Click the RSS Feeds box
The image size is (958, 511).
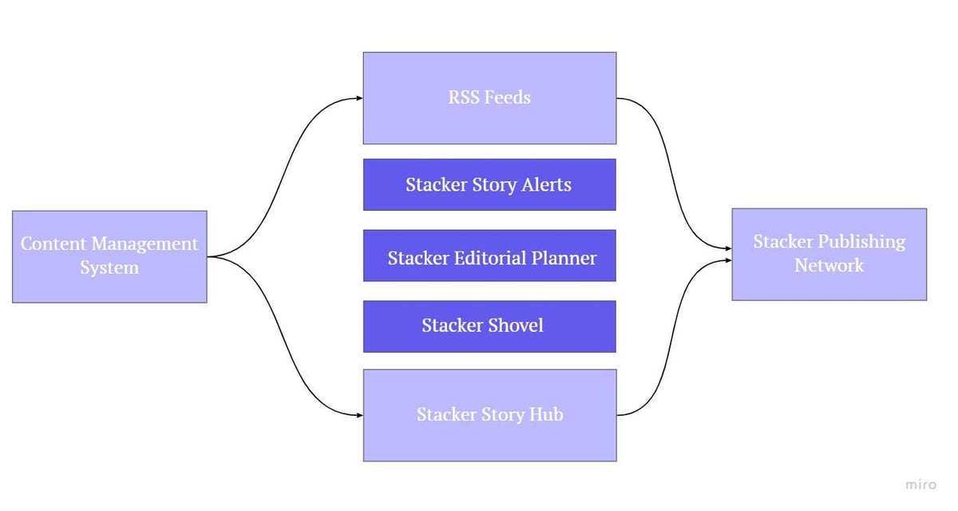click(x=489, y=98)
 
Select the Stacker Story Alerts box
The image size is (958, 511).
click(x=489, y=184)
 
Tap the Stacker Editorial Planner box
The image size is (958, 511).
click(x=489, y=256)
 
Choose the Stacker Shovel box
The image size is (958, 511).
click(x=489, y=326)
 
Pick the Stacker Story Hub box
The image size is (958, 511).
click(x=489, y=414)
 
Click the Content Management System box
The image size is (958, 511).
click(x=109, y=256)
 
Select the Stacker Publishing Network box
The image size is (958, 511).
click(x=829, y=254)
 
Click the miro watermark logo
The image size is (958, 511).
click(x=920, y=485)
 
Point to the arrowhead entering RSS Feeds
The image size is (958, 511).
click(x=358, y=98)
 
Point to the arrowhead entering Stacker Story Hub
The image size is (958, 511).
click(x=358, y=414)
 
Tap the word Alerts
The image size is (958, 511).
click(x=542, y=184)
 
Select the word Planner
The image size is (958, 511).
click(x=564, y=258)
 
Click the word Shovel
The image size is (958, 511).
click(x=516, y=325)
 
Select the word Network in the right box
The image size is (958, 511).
click(x=829, y=265)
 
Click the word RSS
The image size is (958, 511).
click(x=465, y=97)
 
